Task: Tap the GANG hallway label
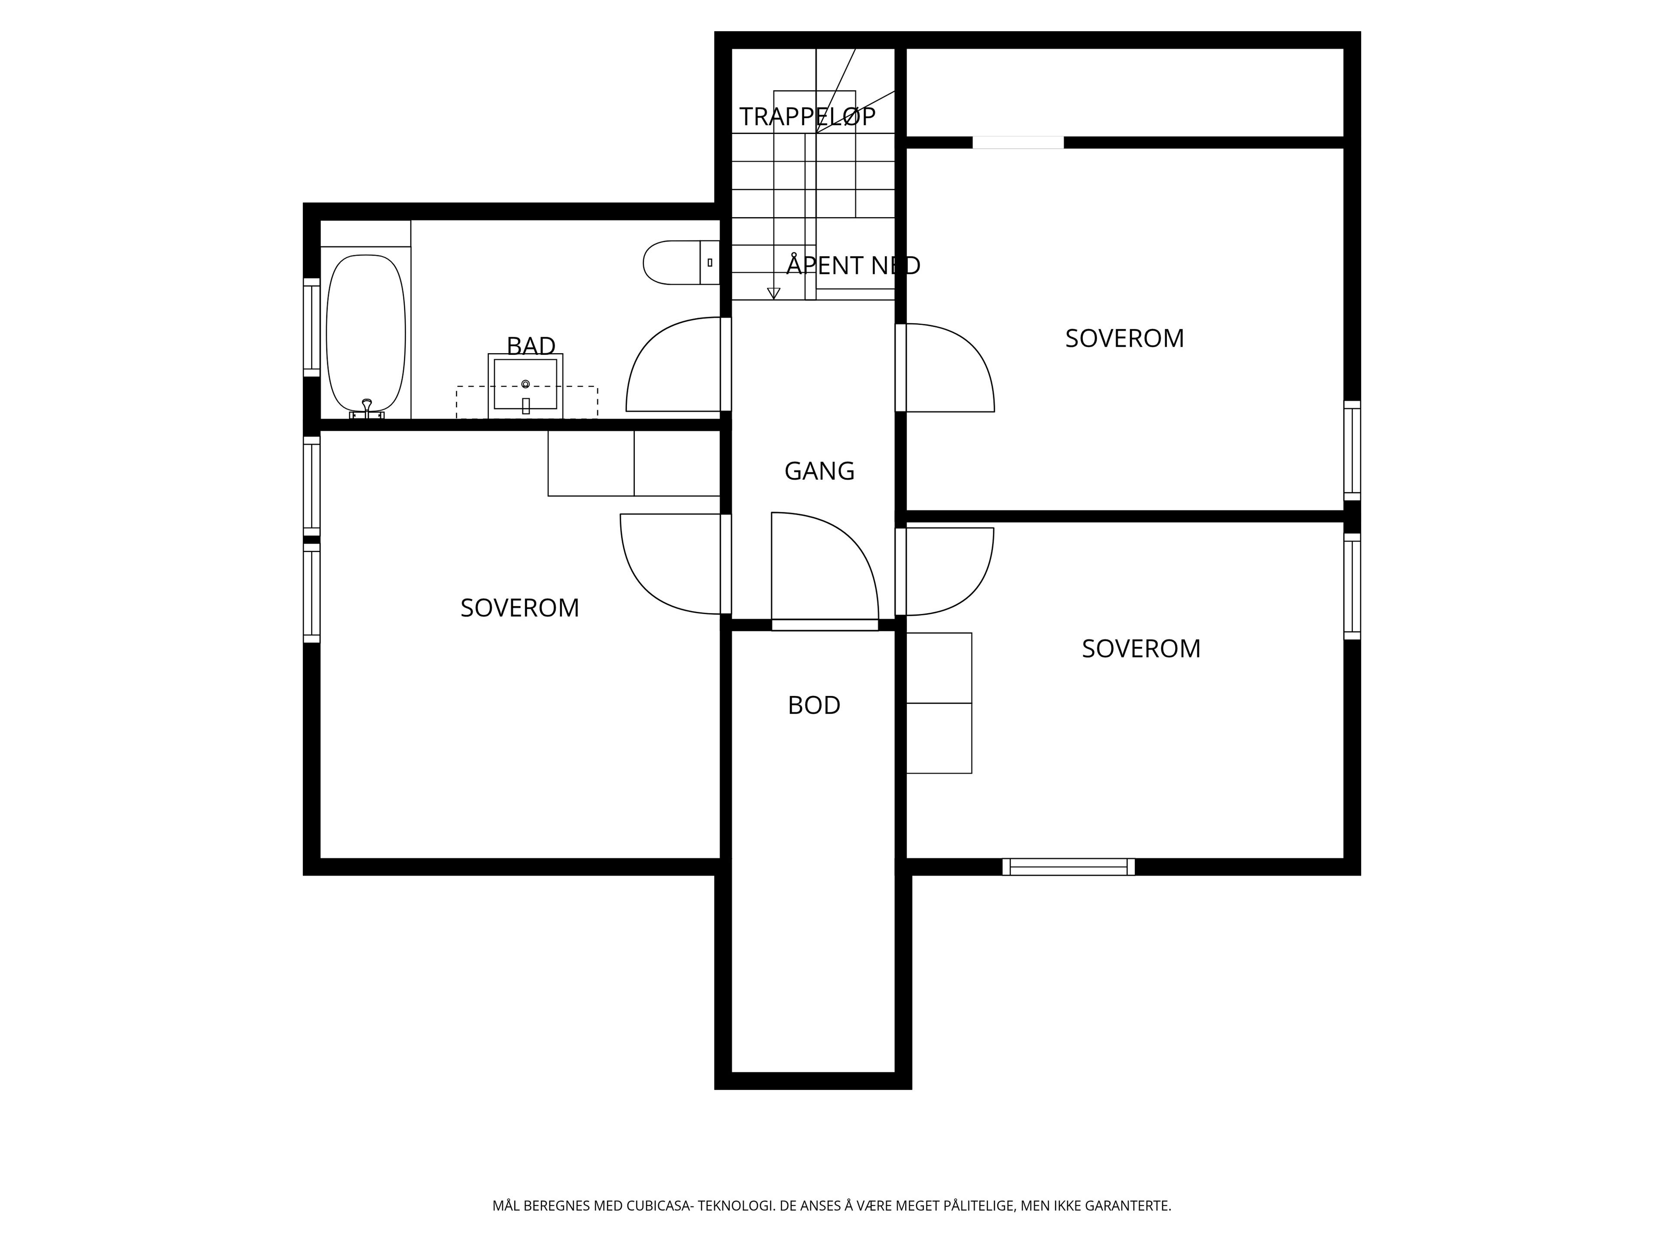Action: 819,471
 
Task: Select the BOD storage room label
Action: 814,705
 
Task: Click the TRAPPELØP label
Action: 807,117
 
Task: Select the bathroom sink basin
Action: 525,385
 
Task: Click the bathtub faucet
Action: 367,409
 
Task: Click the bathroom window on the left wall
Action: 312,327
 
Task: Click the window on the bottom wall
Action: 1068,867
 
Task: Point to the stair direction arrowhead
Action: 773,293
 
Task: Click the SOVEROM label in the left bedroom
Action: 520,608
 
